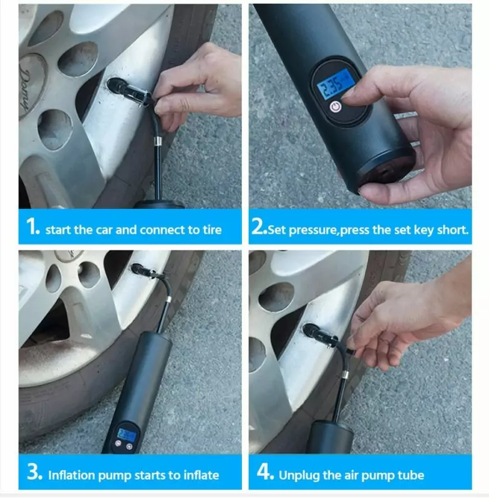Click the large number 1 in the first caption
coord(33,226)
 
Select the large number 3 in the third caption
coord(35,472)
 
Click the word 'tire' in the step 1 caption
coord(212,230)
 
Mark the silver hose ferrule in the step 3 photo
coord(168,300)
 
